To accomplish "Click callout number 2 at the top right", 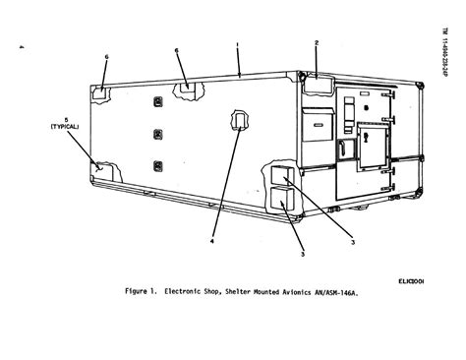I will click(317, 42).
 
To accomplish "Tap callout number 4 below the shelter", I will click(211, 237).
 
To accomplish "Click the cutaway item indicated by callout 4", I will click(239, 121).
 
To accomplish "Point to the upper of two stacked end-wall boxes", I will click(280, 175).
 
